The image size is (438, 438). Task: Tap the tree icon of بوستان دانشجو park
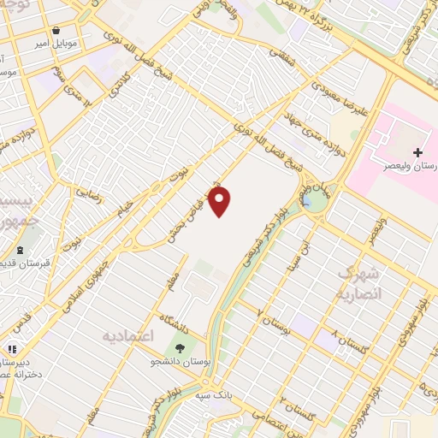click(181, 349)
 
